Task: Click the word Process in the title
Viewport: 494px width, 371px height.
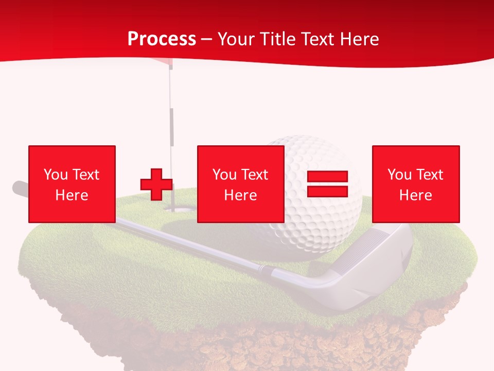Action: (x=162, y=39)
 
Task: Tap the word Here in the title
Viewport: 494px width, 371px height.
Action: (x=358, y=39)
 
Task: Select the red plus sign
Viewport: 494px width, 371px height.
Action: (x=156, y=184)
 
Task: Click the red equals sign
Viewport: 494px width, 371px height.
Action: (x=328, y=184)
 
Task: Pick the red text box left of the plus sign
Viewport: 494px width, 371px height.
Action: (x=72, y=184)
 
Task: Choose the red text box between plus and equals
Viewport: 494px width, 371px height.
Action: (x=241, y=184)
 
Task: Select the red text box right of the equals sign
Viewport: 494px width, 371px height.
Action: (x=416, y=184)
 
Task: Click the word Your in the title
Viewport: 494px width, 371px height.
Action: (x=237, y=39)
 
